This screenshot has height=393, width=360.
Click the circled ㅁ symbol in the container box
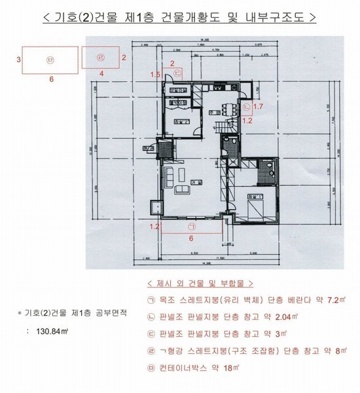coord(50,60)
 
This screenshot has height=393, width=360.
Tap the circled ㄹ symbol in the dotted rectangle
coord(100,58)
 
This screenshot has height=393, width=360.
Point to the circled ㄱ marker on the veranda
coord(191,226)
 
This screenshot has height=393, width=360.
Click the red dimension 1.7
coord(258,105)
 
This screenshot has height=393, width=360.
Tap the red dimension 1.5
coord(154,75)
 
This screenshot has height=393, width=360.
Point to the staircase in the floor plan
coord(223,128)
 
